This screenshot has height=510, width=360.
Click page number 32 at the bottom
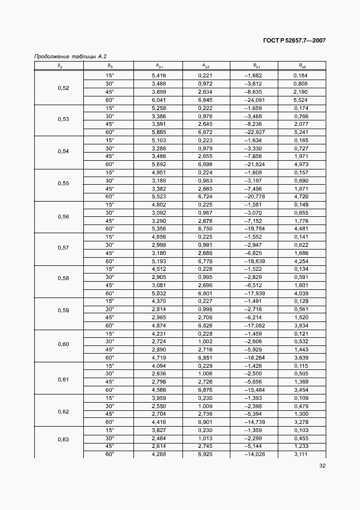click(322, 466)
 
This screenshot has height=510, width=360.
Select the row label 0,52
click(63, 88)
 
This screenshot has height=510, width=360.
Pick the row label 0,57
click(63, 248)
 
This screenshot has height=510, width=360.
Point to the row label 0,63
click(63, 439)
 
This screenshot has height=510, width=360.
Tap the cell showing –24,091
click(254, 100)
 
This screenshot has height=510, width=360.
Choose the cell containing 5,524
click(301, 100)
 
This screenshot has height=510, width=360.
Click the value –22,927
click(254, 132)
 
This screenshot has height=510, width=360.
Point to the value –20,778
click(254, 196)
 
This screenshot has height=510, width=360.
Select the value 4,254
click(301, 260)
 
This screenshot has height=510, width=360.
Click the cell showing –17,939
click(254, 293)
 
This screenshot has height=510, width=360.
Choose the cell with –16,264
click(254, 358)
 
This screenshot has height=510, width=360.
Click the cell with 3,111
click(301, 454)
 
